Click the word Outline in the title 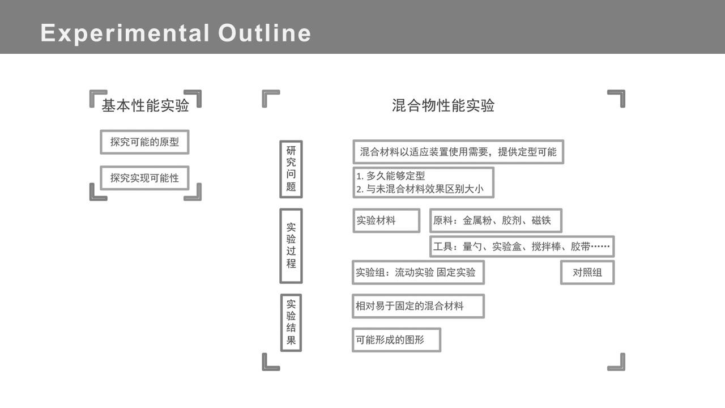(265, 33)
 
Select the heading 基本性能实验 (145, 106)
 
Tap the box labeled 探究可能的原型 (144, 142)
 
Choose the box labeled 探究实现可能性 (144, 178)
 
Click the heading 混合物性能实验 (443, 106)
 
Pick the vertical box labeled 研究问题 (291, 169)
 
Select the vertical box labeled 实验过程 (291, 245)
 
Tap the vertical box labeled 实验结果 (291, 322)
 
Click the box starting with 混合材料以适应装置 (458, 152)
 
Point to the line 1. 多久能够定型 (391, 176)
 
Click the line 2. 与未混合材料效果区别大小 (420, 189)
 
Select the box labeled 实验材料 (386, 220)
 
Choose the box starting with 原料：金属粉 (496, 220)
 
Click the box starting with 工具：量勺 (522, 246)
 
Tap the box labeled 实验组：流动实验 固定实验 (418, 273)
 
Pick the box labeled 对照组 (587, 273)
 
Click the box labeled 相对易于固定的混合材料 (418, 306)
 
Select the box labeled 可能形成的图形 (396, 340)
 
